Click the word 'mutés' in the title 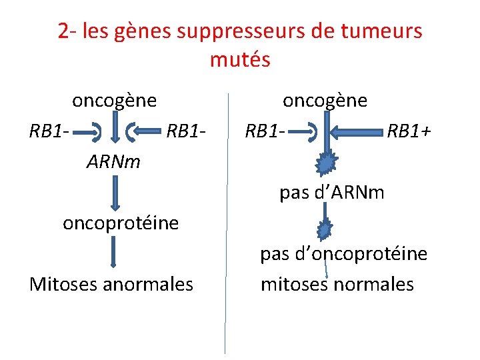point(240,59)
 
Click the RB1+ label point(409,131)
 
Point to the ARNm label point(113,161)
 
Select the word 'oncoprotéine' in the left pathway point(121,223)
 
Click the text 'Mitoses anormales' point(111,284)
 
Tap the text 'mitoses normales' point(337,284)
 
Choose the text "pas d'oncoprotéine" point(343,254)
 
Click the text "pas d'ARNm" point(332,193)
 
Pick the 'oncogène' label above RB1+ point(325,101)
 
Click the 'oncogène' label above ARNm point(115,101)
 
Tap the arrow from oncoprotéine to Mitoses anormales point(114,253)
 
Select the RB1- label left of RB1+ point(265,131)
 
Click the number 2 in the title point(62,31)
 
